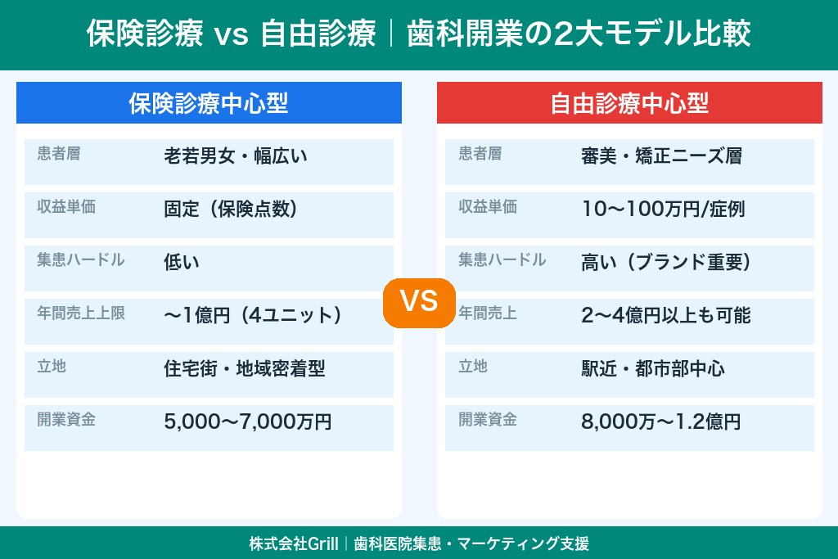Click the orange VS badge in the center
coord(419,300)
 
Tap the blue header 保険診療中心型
coord(209,103)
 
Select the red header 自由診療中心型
coord(628,103)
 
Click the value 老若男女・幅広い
coord(236,156)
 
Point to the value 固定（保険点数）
coord(231,209)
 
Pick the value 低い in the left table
coord(182,262)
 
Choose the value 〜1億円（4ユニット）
coord(252,315)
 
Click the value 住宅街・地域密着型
coord(245,368)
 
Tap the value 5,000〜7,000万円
coord(248,422)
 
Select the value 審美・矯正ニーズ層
coord(661,156)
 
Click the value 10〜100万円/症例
coord(663,209)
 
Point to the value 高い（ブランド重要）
coord(666,262)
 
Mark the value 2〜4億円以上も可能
coord(665,315)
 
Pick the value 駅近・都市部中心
coord(652,368)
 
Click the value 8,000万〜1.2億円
coord(660,422)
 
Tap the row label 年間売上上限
coord(81,313)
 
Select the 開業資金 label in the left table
coord(66,419)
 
